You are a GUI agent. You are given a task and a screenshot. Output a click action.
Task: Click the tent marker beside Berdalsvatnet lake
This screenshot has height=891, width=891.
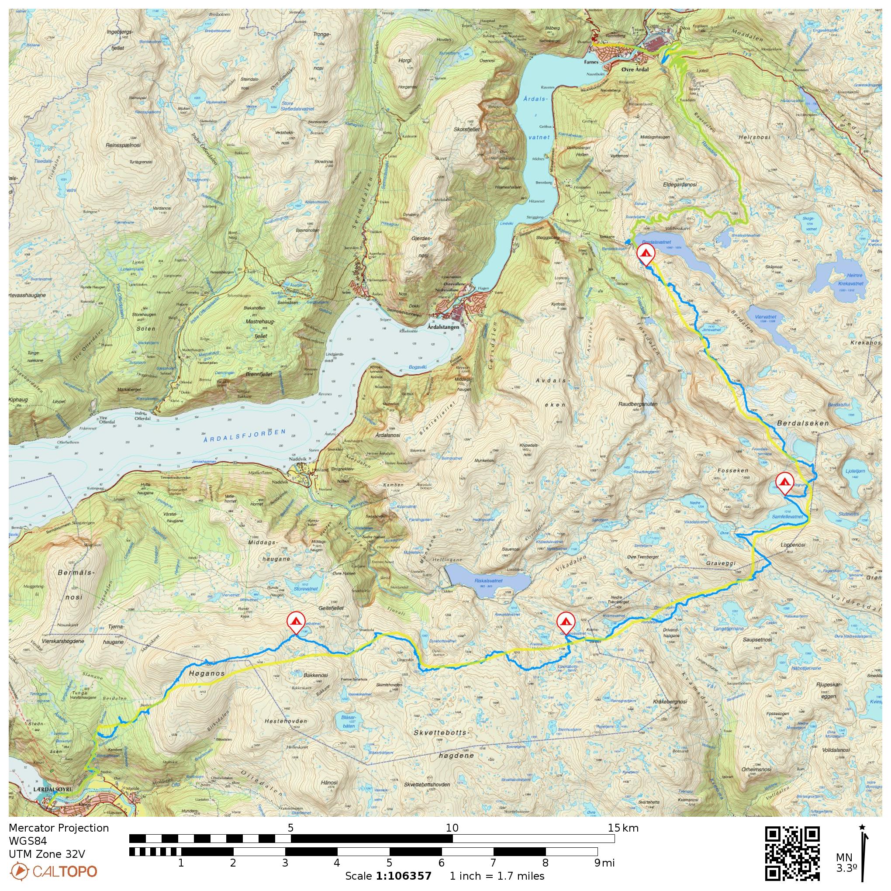[x=645, y=254]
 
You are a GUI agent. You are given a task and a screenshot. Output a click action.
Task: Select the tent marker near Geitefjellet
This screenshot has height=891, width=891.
[x=296, y=622]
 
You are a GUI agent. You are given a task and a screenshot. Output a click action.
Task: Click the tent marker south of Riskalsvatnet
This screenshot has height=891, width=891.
[x=566, y=622]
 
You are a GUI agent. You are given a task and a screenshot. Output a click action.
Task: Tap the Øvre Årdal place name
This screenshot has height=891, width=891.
[x=635, y=69]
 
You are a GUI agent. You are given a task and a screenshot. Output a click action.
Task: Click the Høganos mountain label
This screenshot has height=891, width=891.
[x=207, y=673]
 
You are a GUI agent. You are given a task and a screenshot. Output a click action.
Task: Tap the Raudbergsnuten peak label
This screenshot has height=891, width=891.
[x=638, y=404]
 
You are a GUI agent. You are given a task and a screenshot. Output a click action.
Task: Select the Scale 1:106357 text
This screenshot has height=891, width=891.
[x=388, y=876]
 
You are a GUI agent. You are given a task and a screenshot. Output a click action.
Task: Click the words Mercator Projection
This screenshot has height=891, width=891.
[x=59, y=828]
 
